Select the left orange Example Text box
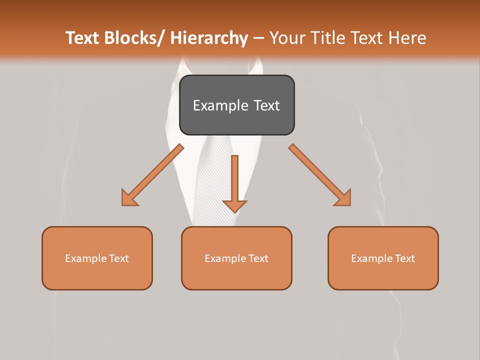pyautogui.click(x=97, y=258)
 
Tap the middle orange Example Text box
pyautogui.click(x=236, y=258)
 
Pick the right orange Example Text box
pyautogui.click(x=383, y=258)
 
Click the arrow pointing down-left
pyautogui.click(x=152, y=175)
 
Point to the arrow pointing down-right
pyautogui.click(x=320, y=175)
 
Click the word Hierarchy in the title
pyautogui.click(x=209, y=38)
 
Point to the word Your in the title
pyautogui.click(x=287, y=38)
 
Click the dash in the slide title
pyautogui.click(x=258, y=38)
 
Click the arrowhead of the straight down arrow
pyautogui.click(x=235, y=206)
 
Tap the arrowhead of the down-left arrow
pyautogui.click(x=129, y=198)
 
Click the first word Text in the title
pyautogui.click(x=83, y=38)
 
